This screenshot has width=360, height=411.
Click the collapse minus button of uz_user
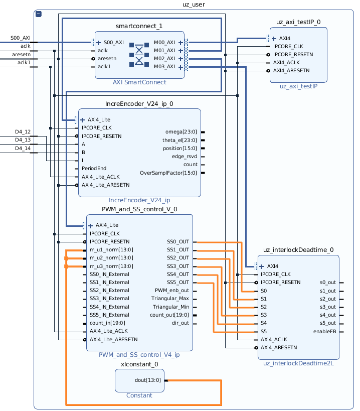(39, 14)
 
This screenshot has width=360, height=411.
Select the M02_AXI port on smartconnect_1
(164, 59)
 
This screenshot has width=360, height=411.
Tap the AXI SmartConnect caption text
(139, 82)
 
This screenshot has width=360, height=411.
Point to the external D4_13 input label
(23, 140)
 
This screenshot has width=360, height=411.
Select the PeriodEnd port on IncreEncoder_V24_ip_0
(94, 168)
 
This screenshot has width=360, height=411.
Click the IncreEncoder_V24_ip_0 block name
(139, 104)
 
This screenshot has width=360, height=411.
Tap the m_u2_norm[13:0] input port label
(111, 258)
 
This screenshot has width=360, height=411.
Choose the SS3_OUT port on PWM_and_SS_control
(178, 266)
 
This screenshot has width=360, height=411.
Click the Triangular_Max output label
(170, 299)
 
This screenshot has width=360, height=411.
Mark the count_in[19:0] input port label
(107, 323)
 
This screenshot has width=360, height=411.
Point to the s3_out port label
(327, 307)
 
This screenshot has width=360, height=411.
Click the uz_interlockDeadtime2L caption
(298, 363)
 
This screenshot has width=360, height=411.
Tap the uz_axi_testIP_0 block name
(298, 22)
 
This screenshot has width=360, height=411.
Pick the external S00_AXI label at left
(21, 38)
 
